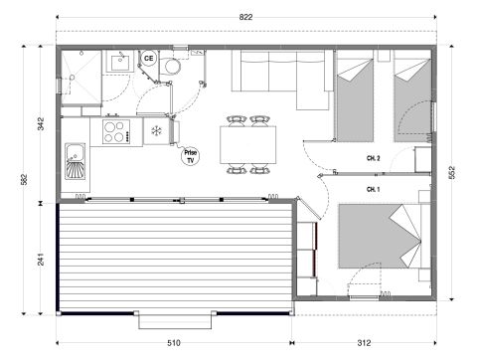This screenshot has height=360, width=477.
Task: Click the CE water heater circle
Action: (x=149, y=59)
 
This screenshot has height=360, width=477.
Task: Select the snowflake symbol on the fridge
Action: (x=156, y=131)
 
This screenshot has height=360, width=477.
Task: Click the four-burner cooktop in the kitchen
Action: (x=112, y=131)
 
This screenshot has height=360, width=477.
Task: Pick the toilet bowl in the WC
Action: (x=172, y=66)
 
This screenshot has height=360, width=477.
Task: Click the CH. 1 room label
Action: (x=375, y=188)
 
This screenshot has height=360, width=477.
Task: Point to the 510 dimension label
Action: (x=175, y=343)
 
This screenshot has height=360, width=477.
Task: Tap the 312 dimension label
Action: (x=364, y=343)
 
